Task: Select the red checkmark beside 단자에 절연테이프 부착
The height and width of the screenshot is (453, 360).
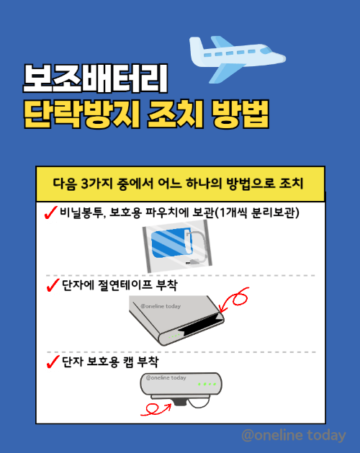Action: [52, 286]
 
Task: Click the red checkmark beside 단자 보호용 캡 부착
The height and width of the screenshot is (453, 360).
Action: [52, 361]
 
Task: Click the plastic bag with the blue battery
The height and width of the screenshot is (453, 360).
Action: [179, 245]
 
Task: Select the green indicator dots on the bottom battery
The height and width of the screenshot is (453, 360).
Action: [208, 384]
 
